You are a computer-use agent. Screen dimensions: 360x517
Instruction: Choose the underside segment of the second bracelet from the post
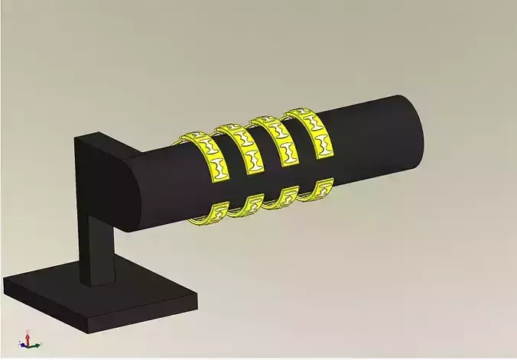coord(246,206)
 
